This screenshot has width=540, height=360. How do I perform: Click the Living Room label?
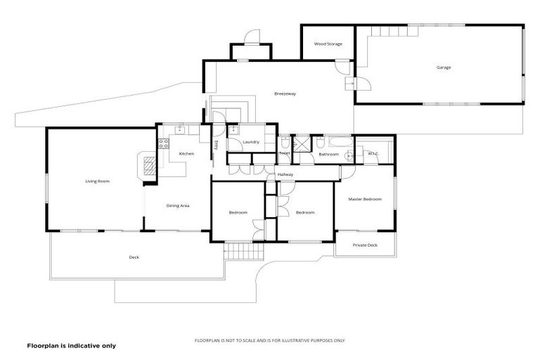click(98, 181)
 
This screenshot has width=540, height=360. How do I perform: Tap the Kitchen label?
click(186, 153)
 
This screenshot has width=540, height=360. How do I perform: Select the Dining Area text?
click(178, 205)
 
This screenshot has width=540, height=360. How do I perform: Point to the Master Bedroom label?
click(365, 199)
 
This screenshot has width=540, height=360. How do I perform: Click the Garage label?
click(444, 67)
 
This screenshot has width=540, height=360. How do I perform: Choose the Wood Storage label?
click(328, 44)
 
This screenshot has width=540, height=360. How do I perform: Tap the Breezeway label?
click(283, 94)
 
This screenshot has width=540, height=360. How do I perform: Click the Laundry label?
click(251, 142)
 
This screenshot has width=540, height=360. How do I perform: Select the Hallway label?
click(285, 174)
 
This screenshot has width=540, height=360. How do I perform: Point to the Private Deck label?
click(365, 245)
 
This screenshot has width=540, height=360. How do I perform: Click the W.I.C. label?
click(373, 153)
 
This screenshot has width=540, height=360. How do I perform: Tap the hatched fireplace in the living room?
click(150, 166)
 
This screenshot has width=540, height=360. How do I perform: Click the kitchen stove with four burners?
click(162, 145)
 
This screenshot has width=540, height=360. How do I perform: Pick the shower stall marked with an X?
click(303, 143)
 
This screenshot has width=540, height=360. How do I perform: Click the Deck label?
click(134, 257)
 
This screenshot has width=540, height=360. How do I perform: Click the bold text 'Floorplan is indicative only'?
click(71, 346)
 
